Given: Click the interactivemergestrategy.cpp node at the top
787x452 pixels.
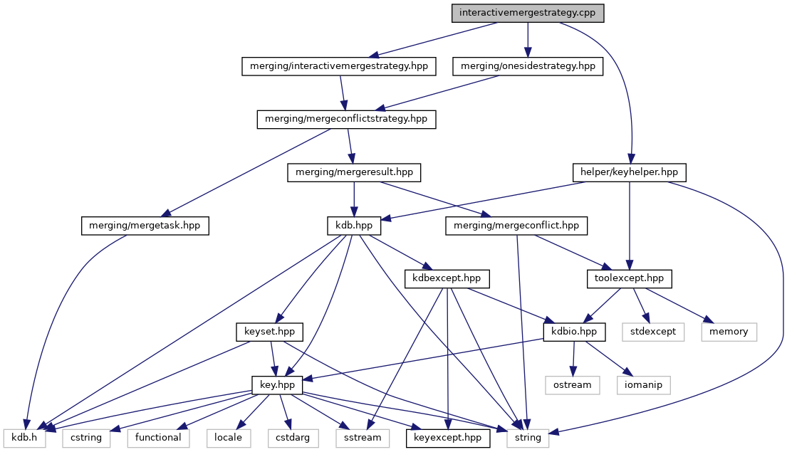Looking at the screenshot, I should coord(528,13).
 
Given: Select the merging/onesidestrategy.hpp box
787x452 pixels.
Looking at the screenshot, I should coord(528,66).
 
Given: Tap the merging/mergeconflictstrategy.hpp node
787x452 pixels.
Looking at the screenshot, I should coord(346,119).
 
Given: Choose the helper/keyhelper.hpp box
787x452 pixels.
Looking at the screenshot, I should coord(629,172).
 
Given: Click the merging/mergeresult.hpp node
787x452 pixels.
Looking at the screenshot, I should coord(354,172).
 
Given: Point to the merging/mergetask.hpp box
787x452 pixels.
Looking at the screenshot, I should coord(145,226).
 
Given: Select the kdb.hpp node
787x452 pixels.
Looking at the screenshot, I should coord(354,226).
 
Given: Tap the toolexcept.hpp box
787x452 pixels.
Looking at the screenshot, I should coord(629,278).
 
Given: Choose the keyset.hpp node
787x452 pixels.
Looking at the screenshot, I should coord(270,332).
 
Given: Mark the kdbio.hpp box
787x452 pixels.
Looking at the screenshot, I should coord(574,332).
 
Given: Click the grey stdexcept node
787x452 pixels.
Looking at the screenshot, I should coord(653,332).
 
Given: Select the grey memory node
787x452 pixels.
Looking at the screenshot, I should coord(729,332).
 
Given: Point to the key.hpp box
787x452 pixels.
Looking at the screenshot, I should coord(278,385).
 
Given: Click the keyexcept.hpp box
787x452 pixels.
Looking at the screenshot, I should coord(448,438).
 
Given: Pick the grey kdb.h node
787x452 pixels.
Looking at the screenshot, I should coord(25,438).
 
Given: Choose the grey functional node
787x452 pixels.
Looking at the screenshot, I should coord(158,438).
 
